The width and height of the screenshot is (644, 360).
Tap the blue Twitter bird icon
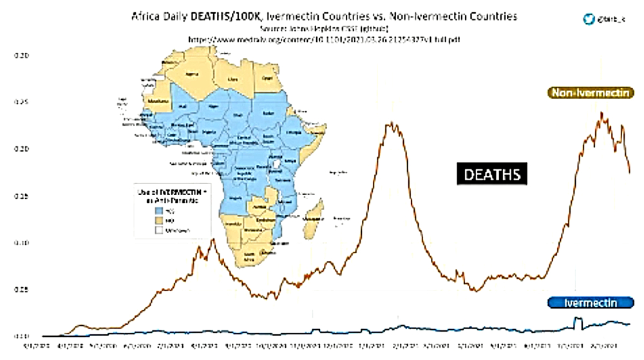tap(587, 19)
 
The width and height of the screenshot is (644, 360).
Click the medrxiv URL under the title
tap(325, 39)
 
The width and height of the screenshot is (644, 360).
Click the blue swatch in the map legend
tap(156, 210)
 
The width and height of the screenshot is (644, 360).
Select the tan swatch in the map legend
tap(156, 220)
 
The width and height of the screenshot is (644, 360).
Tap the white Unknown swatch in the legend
tap(156, 229)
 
